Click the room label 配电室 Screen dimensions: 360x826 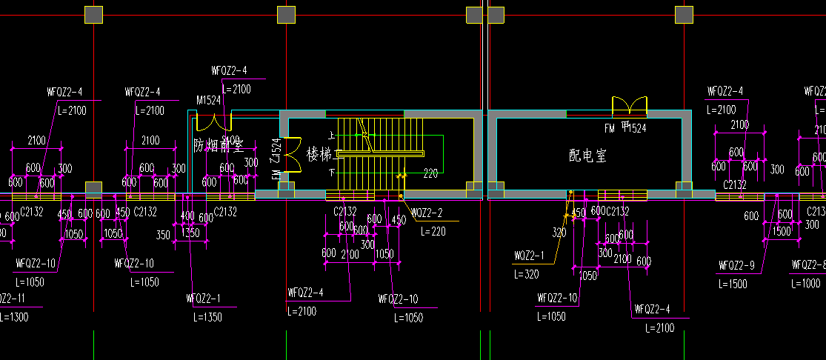[x=587, y=156]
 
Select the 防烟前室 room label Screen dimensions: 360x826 [x=219, y=144]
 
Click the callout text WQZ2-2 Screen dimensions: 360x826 [x=427, y=213]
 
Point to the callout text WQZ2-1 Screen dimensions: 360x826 [x=529, y=256]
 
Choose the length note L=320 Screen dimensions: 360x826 [x=527, y=273]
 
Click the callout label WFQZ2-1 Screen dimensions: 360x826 [x=204, y=299]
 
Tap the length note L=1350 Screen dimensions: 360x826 [x=207, y=317]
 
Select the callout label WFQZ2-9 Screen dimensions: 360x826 [x=736, y=265]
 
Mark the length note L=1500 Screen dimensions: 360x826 [x=732, y=284]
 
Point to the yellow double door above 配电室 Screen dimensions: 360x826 [x=630, y=107]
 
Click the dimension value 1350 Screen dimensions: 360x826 [x=191, y=233]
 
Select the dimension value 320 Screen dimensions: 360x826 [x=559, y=233]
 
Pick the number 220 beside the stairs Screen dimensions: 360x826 [x=430, y=175]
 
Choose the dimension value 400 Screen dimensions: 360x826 [x=187, y=216]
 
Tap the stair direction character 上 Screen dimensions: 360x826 [x=332, y=136]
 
